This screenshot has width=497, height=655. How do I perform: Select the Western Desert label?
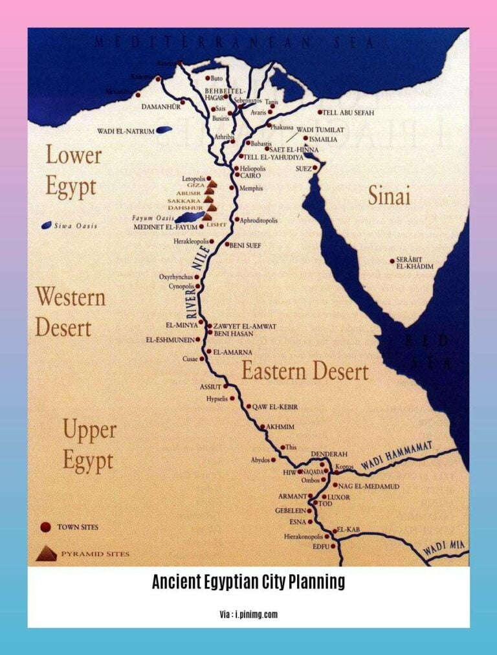coord(70,311)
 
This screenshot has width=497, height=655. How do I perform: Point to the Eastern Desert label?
coord(305,371)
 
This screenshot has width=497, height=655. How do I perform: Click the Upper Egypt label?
coord(89,445)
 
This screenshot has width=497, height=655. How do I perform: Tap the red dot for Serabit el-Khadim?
coord(392,261)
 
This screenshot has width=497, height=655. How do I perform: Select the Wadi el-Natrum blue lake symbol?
coord(164,130)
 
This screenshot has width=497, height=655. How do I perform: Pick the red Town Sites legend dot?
coord(45,527)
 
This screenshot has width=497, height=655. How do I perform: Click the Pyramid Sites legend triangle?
coord(46,553)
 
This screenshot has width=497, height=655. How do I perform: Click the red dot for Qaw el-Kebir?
coord(248,406)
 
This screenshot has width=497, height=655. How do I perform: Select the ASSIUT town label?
coord(210,386)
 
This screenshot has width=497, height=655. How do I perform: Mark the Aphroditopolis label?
coord(259,220)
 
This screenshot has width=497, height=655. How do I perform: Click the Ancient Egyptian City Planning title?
coord(248,583)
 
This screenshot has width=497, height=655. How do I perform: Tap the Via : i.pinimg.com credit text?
coord(248,614)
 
